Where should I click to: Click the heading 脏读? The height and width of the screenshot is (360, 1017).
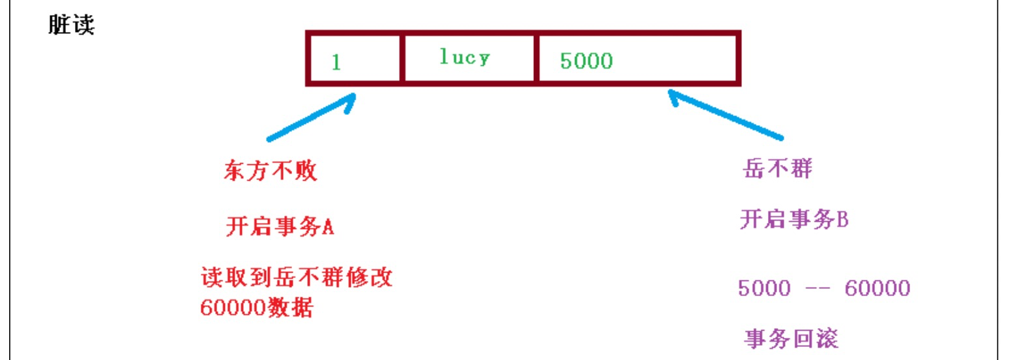tap(71, 25)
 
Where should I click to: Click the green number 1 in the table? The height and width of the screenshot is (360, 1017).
tap(336, 62)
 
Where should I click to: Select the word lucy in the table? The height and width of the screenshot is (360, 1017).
tap(464, 57)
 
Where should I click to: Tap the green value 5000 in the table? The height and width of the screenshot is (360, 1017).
tap(586, 61)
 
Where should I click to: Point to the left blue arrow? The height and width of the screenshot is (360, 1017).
tap(312, 117)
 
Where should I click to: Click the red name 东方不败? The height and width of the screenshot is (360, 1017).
tap(271, 171)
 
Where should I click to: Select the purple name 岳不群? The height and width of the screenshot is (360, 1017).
tap(776, 169)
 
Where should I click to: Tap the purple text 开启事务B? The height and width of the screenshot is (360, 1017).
tap(793, 220)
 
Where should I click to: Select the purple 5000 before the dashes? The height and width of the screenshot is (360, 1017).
tap(763, 288)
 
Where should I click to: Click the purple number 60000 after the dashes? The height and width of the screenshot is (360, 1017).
tap(877, 288)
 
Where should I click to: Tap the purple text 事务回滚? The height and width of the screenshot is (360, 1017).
tap(791, 338)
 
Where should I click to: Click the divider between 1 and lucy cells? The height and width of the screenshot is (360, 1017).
tap(402, 58)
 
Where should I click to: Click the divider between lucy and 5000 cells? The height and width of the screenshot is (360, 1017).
tap(536, 58)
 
